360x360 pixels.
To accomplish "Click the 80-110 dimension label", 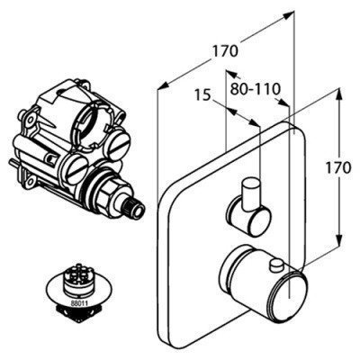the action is [256, 88].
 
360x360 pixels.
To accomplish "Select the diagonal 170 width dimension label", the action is [225, 51].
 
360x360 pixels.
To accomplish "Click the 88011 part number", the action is [79, 303].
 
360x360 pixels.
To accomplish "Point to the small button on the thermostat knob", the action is [277, 266].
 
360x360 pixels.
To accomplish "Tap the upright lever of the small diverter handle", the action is [251, 193].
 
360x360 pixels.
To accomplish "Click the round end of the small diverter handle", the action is [259, 222].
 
